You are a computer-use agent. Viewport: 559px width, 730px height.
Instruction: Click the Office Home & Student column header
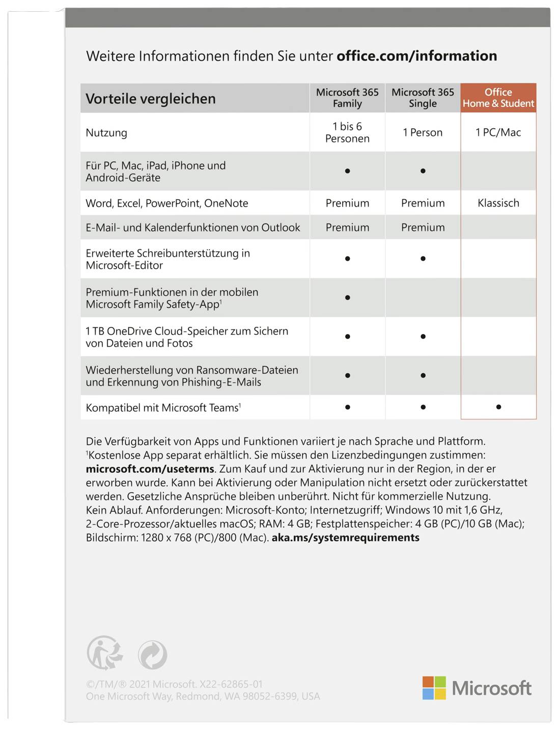coord(498,98)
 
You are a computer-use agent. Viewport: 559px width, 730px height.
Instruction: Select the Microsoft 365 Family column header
coord(347,98)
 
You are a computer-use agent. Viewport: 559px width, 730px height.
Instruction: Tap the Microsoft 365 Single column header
coord(423,98)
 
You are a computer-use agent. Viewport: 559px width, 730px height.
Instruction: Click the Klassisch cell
coord(498,203)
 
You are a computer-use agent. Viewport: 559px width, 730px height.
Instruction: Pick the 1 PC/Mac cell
coord(498,132)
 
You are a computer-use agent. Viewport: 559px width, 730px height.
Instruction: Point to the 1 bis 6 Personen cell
coord(347,132)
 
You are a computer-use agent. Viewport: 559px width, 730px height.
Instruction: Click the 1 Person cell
coord(423,132)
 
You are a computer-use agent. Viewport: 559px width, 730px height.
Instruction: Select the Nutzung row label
coord(106,133)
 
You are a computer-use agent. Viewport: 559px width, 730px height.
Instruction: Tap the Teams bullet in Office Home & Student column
coord(498,407)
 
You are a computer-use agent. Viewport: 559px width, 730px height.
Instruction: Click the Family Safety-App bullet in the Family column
coord(347,297)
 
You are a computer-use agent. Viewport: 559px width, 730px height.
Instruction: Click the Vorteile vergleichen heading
coord(151,99)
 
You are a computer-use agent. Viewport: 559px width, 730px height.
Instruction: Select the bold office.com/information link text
coord(416,56)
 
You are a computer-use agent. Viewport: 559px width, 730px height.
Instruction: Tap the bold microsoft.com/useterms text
coord(151,469)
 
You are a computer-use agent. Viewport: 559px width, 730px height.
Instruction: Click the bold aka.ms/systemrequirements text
coord(345,538)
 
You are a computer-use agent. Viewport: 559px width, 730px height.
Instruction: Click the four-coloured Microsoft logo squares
coord(434,688)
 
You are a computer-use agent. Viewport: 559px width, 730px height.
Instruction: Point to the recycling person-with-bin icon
coord(104,653)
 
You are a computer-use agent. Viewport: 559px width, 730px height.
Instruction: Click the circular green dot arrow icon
coord(152,655)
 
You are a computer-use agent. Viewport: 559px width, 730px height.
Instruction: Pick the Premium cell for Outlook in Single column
coord(423,228)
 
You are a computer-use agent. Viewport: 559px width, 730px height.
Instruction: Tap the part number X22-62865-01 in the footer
coord(231,684)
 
